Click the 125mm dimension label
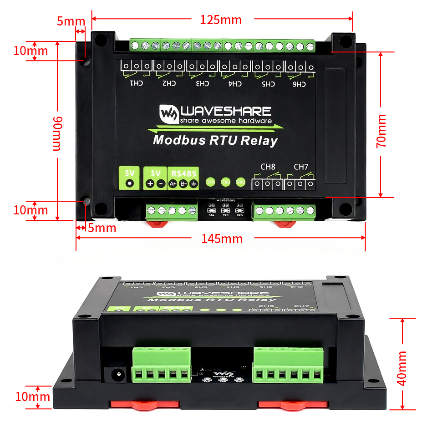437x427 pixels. click(221, 20)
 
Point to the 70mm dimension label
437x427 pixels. click(381, 131)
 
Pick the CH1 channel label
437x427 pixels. click(137, 83)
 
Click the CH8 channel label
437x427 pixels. click(268, 167)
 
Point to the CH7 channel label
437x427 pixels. click(301, 167)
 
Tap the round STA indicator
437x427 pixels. click(211, 182)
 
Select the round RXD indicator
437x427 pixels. click(241, 182)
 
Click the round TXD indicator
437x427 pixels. click(226, 182)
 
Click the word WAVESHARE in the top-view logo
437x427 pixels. click(226, 111)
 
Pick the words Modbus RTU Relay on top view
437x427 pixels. click(215, 140)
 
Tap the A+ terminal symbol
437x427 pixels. click(173, 184)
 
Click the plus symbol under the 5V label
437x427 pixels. click(150, 184)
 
